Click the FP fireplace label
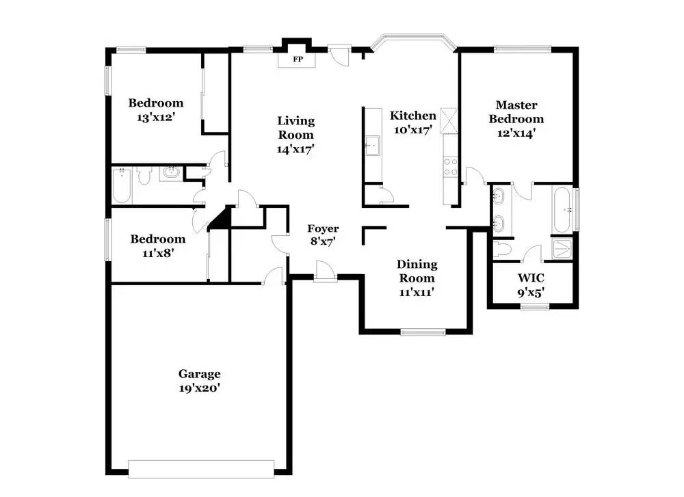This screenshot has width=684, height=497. [298, 60]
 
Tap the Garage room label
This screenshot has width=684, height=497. [199, 374]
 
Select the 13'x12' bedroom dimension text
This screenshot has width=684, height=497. [156, 117]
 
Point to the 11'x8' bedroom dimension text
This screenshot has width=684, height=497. [157, 252]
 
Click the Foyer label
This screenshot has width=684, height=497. [322, 228]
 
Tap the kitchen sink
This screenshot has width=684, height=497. [373, 145]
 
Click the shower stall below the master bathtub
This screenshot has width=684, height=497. [563, 247]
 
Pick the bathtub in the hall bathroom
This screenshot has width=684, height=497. [122, 185]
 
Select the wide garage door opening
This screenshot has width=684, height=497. [202, 469]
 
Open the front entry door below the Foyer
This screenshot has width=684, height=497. [324, 273]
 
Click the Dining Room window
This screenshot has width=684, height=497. [423, 332]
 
